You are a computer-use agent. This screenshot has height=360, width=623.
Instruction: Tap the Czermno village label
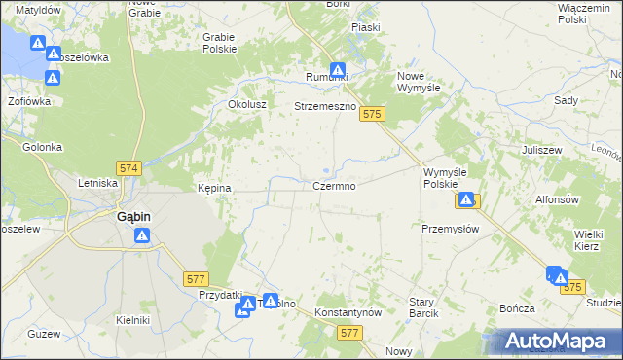(340, 185)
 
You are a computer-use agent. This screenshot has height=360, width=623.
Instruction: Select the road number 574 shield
(128, 168)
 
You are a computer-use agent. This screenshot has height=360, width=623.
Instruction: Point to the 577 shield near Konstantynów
(352, 333)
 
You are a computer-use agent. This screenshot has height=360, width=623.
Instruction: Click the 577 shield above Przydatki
(196, 278)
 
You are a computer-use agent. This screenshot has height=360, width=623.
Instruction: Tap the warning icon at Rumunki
(338, 70)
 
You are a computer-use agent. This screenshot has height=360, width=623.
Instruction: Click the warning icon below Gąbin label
(142, 234)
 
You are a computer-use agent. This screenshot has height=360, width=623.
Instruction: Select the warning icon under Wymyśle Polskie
(466, 199)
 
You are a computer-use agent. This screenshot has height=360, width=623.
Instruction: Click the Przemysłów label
(450, 229)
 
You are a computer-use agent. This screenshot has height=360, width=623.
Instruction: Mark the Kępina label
(214, 188)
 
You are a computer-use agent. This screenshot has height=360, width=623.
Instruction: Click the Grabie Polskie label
(219, 43)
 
